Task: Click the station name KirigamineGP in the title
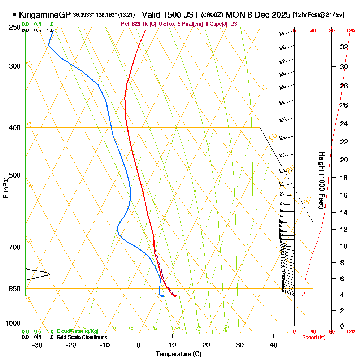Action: point(45,15)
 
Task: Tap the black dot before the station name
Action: point(14,15)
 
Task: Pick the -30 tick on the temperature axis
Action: point(38,345)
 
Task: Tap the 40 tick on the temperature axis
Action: point(273,345)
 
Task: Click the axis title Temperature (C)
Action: point(178,354)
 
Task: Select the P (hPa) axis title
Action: point(6,188)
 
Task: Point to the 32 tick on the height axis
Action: point(344,47)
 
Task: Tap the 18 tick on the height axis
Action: point(344,178)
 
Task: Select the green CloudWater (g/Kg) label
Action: point(77,331)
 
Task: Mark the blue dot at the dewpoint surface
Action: point(162,296)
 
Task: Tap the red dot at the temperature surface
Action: point(175,296)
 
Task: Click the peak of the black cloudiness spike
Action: point(49,274)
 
